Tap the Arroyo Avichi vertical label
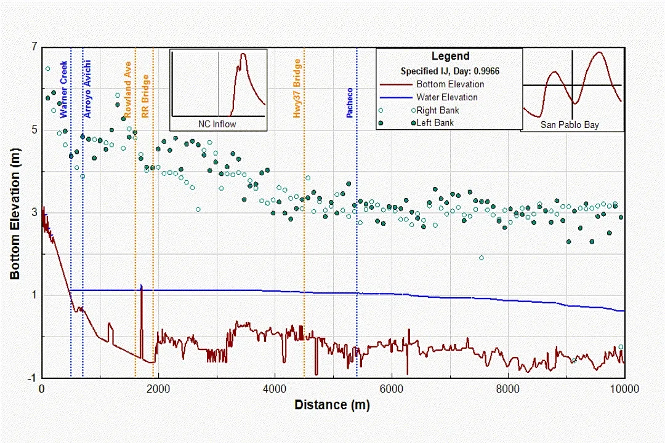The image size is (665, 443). [88, 89]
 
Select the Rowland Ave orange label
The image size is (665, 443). [128, 89]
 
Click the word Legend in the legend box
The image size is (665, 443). [450, 57]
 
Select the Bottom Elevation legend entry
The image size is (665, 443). [450, 84]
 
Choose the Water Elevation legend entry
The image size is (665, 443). [446, 97]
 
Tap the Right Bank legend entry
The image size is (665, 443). [437, 110]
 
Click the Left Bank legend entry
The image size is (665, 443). [435, 123]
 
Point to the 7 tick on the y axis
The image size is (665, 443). [34, 47]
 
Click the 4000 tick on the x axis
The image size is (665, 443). [275, 389]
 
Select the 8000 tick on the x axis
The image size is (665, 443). [508, 389]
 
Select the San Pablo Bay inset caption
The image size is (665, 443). [570, 125]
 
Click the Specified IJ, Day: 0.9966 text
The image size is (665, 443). [450, 71]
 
